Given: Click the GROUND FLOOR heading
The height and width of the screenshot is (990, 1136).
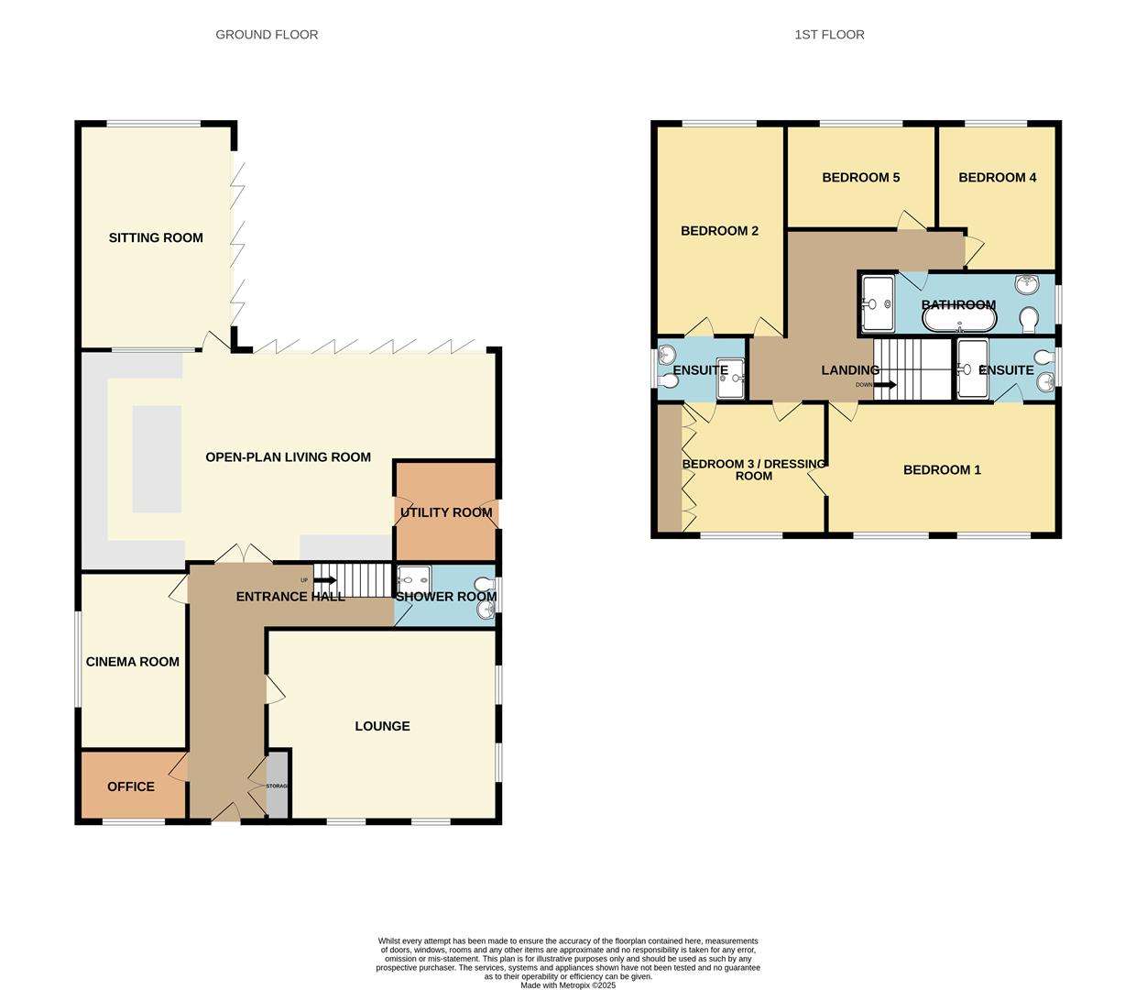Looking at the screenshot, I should [267, 35].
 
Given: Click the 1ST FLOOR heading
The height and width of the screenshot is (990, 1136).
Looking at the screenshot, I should [829, 35].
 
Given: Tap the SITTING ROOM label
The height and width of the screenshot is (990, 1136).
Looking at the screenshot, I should [156, 237].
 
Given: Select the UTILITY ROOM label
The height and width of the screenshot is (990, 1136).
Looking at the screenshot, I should [446, 512].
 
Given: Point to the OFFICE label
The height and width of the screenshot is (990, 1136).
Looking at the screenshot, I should [131, 786].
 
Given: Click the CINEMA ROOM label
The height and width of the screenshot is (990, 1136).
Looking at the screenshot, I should [133, 662].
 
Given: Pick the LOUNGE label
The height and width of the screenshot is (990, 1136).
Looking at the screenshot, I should [382, 726].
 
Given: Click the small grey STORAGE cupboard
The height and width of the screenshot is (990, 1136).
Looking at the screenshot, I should [277, 786].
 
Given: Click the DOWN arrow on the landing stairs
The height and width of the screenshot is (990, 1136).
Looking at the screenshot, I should [884, 385].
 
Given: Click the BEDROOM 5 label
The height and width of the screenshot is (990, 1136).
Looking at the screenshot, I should [860, 177].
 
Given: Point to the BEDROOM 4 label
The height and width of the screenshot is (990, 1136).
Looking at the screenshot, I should [997, 177].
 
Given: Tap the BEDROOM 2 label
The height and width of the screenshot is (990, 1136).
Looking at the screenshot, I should [719, 231].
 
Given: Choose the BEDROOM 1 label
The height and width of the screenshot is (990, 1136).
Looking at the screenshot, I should [942, 470].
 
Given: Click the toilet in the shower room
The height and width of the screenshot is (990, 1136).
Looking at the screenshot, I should [484, 585].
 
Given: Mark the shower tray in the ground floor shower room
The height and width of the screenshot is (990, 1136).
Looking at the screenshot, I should [414, 579].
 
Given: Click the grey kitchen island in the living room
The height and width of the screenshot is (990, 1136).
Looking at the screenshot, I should [157, 458].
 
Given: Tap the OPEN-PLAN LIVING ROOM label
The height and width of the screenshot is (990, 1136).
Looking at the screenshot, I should [288, 457].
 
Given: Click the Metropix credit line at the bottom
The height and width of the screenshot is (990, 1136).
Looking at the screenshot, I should [568, 985].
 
